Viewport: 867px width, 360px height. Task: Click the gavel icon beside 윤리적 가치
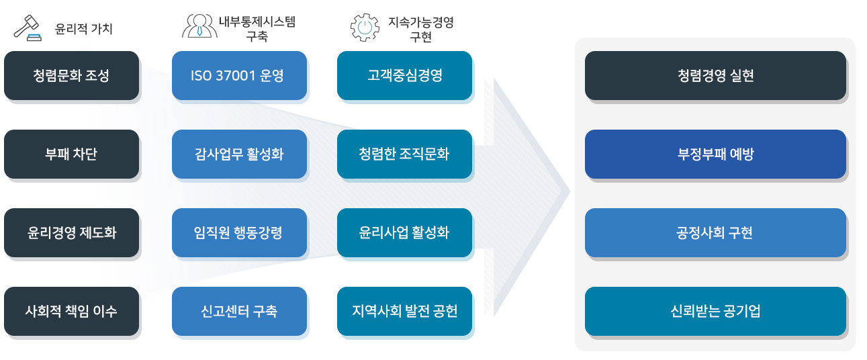tap(28, 29)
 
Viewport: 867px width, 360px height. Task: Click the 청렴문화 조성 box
tap(71, 75)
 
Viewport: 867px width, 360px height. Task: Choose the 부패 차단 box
tap(71, 154)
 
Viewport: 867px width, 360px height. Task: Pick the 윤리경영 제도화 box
tap(71, 232)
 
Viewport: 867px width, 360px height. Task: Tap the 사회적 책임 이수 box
tap(71, 311)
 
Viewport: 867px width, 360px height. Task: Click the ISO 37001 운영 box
tap(239, 75)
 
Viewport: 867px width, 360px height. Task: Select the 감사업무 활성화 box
tap(239, 154)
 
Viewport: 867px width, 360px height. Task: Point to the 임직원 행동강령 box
tap(239, 232)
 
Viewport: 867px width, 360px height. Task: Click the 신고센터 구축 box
tap(239, 311)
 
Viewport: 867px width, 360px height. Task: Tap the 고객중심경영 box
tap(404, 75)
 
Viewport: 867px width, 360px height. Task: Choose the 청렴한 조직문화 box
tap(404, 154)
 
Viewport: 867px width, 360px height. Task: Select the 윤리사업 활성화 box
tap(404, 232)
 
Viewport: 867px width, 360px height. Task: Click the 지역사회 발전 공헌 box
tap(404, 311)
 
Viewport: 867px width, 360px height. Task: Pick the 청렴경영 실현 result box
tap(715, 75)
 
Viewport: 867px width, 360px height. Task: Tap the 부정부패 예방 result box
tap(715, 154)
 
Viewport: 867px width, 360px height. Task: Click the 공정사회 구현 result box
tap(715, 232)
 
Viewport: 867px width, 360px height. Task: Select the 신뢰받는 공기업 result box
tap(715, 311)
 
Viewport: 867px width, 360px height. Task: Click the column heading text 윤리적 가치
tap(83, 29)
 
